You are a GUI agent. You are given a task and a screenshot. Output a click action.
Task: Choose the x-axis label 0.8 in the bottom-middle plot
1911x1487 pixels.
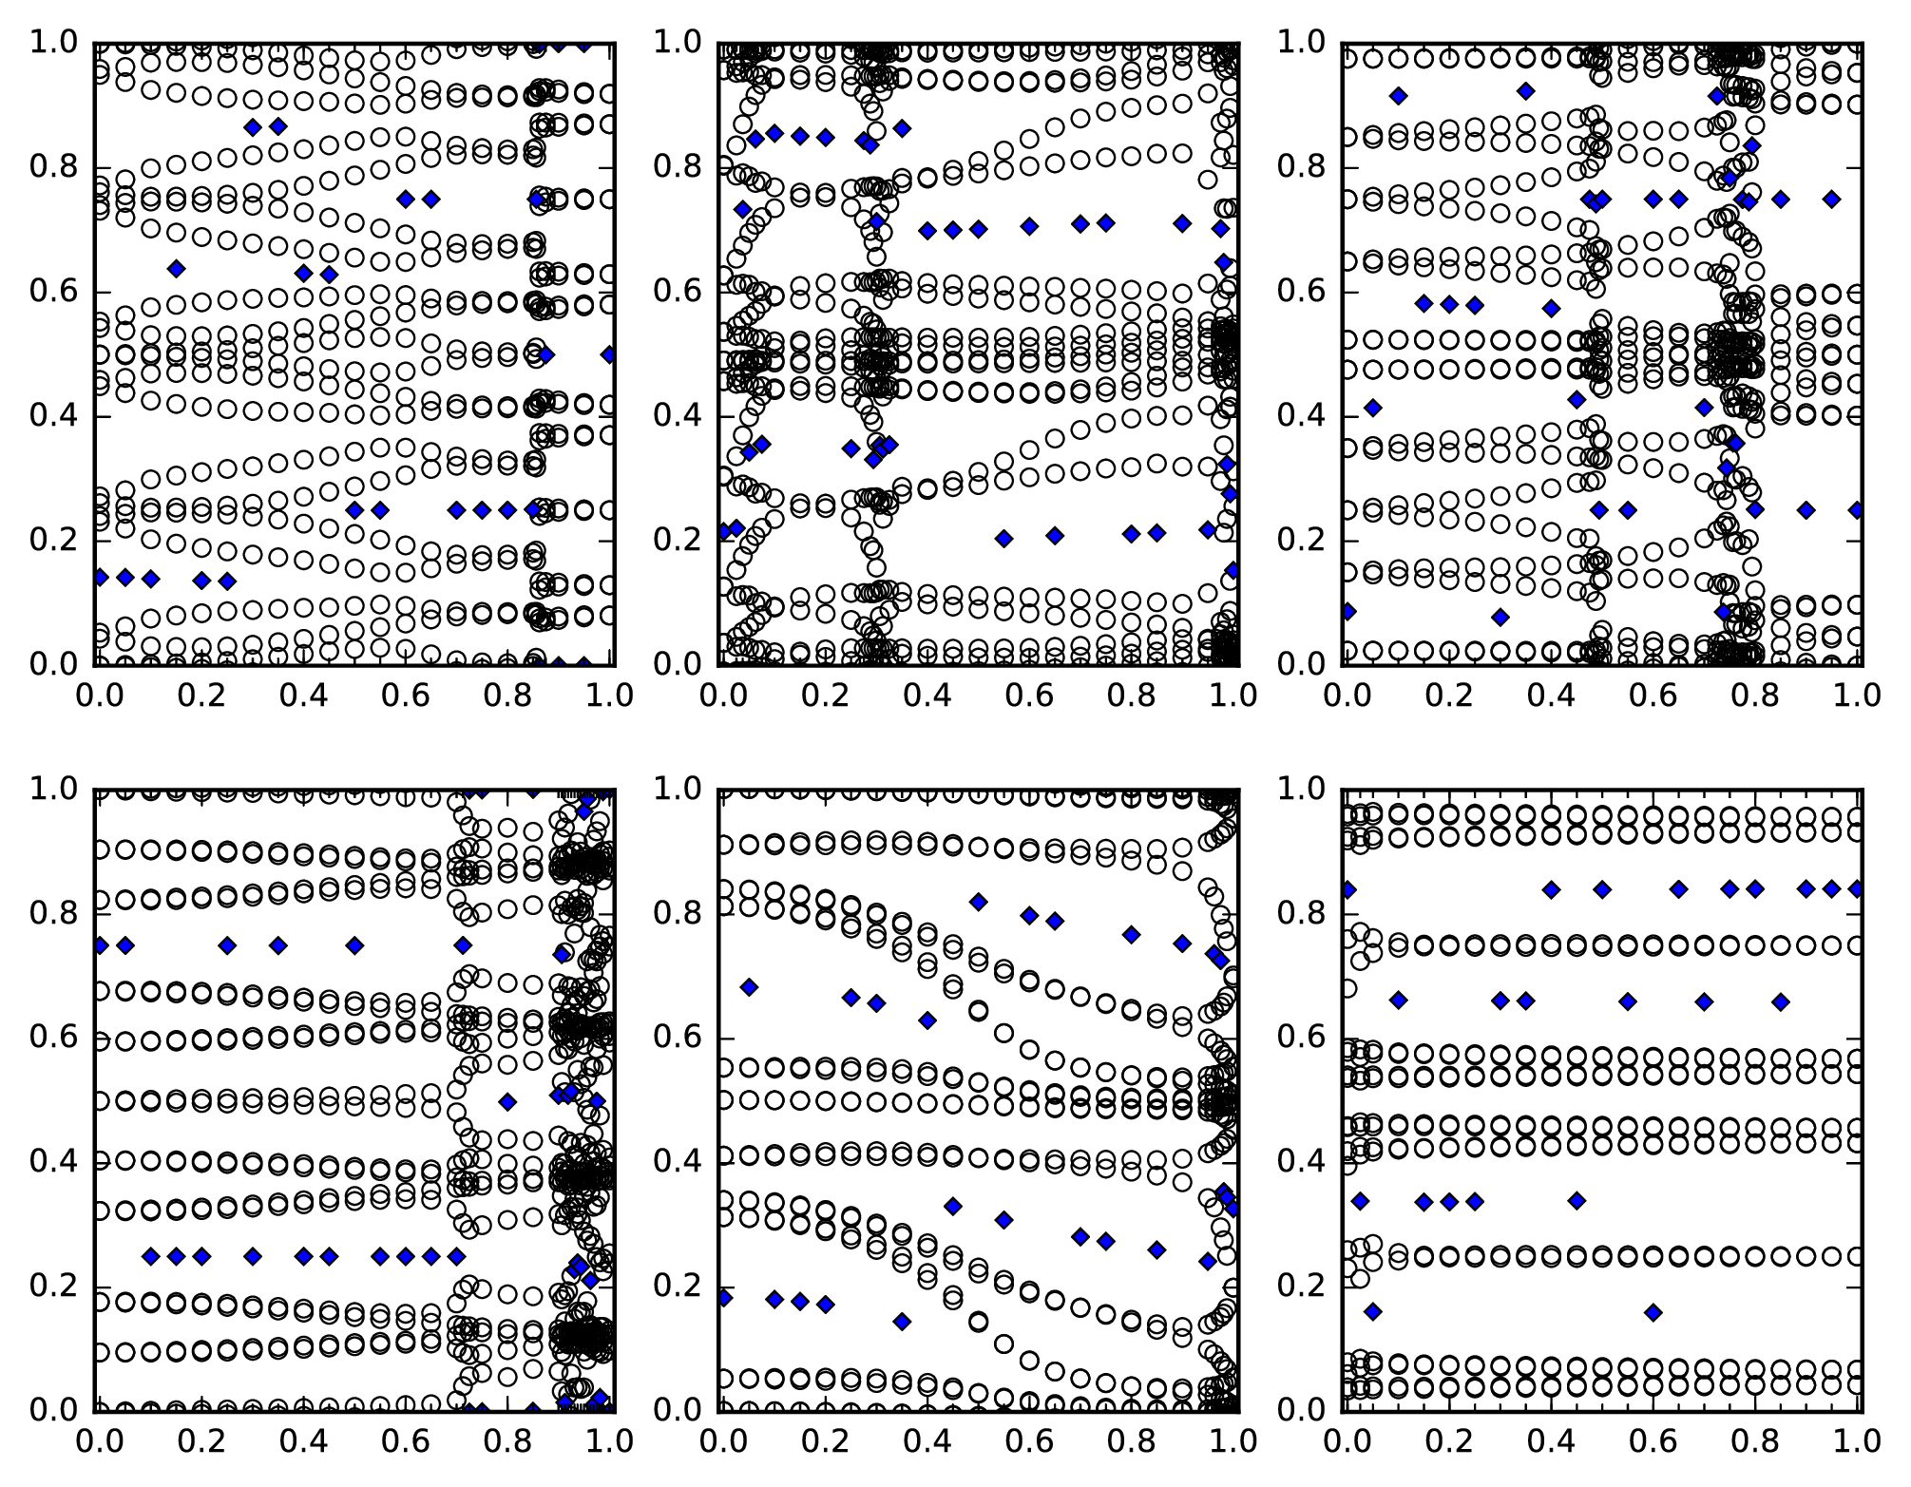pos(1132,1440)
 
